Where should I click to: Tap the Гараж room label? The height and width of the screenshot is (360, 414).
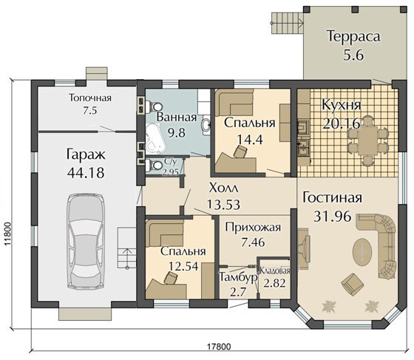coord(86,155)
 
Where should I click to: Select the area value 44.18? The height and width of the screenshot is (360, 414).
coord(86,173)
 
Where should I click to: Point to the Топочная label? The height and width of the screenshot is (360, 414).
coord(90,98)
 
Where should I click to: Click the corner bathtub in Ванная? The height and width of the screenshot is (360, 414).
coord(155,140)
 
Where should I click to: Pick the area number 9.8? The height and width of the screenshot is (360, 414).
coord(177,132)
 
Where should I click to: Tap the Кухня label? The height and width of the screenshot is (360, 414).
coord(342,105)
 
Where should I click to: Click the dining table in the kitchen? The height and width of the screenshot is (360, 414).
coord(367,140)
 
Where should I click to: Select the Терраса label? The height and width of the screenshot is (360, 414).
coord(354,36)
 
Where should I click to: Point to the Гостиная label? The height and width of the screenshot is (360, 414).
coord(332,197)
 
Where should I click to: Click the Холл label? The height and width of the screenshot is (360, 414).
coord(223,189)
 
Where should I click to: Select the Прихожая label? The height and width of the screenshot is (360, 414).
coord(253,228)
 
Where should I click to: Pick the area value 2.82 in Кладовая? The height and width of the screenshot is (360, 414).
coord(275,283)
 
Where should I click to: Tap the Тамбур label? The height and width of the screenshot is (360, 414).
coord(238,277)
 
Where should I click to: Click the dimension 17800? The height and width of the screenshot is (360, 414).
coord(219,346)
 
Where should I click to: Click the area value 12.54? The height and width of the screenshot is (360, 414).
coord(183,267)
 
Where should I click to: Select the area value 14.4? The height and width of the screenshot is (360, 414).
coord(250,139)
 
